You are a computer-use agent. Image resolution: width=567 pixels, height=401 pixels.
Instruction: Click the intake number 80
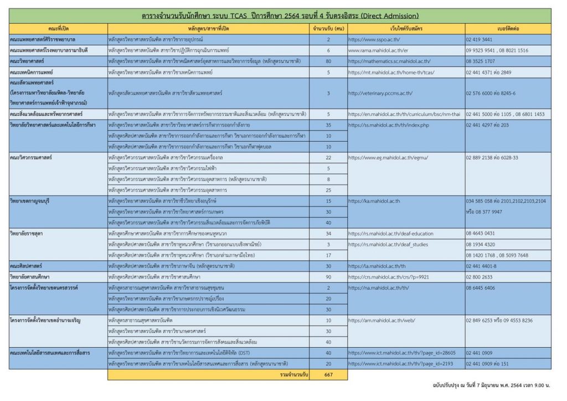(x=328, y=61)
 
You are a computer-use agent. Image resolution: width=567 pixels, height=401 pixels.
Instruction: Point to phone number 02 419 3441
(x=479, y=40)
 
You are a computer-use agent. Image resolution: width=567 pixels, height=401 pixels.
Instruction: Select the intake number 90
(x=328, y=277)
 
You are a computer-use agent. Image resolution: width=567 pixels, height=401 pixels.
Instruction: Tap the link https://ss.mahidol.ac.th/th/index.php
(x=389, y=125)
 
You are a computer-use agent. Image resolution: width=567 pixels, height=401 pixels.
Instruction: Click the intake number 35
(x=328, y=125)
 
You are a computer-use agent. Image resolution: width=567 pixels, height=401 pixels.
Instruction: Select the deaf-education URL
(x=391, y=234)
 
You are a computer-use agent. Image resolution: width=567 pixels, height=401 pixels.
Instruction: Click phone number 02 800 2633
(x=479, y=277)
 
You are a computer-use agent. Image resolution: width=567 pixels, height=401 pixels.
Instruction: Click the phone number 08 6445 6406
(x=481, y=288)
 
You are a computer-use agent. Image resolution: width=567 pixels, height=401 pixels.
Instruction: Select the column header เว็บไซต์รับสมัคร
(x=406, y=28)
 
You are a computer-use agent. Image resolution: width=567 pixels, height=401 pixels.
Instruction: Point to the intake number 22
(x=328, y=158)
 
